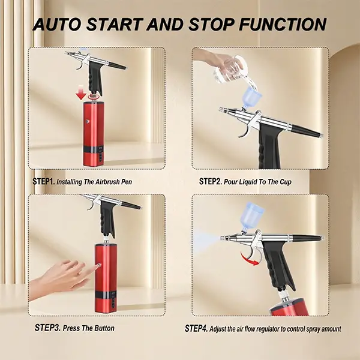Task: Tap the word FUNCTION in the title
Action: tap(283, 25)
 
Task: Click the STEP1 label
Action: tap(44, 181)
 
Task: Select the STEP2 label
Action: tap(211, 181)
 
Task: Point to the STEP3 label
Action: tap(47, 328)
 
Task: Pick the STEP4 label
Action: tap(196, 328)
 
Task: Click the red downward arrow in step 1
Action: tap(81, 92)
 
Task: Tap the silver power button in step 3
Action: tap(100, 265)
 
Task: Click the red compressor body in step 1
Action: tap(93, 134)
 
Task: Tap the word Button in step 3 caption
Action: tap(104, 328)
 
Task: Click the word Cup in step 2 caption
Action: tap(286, 182)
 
